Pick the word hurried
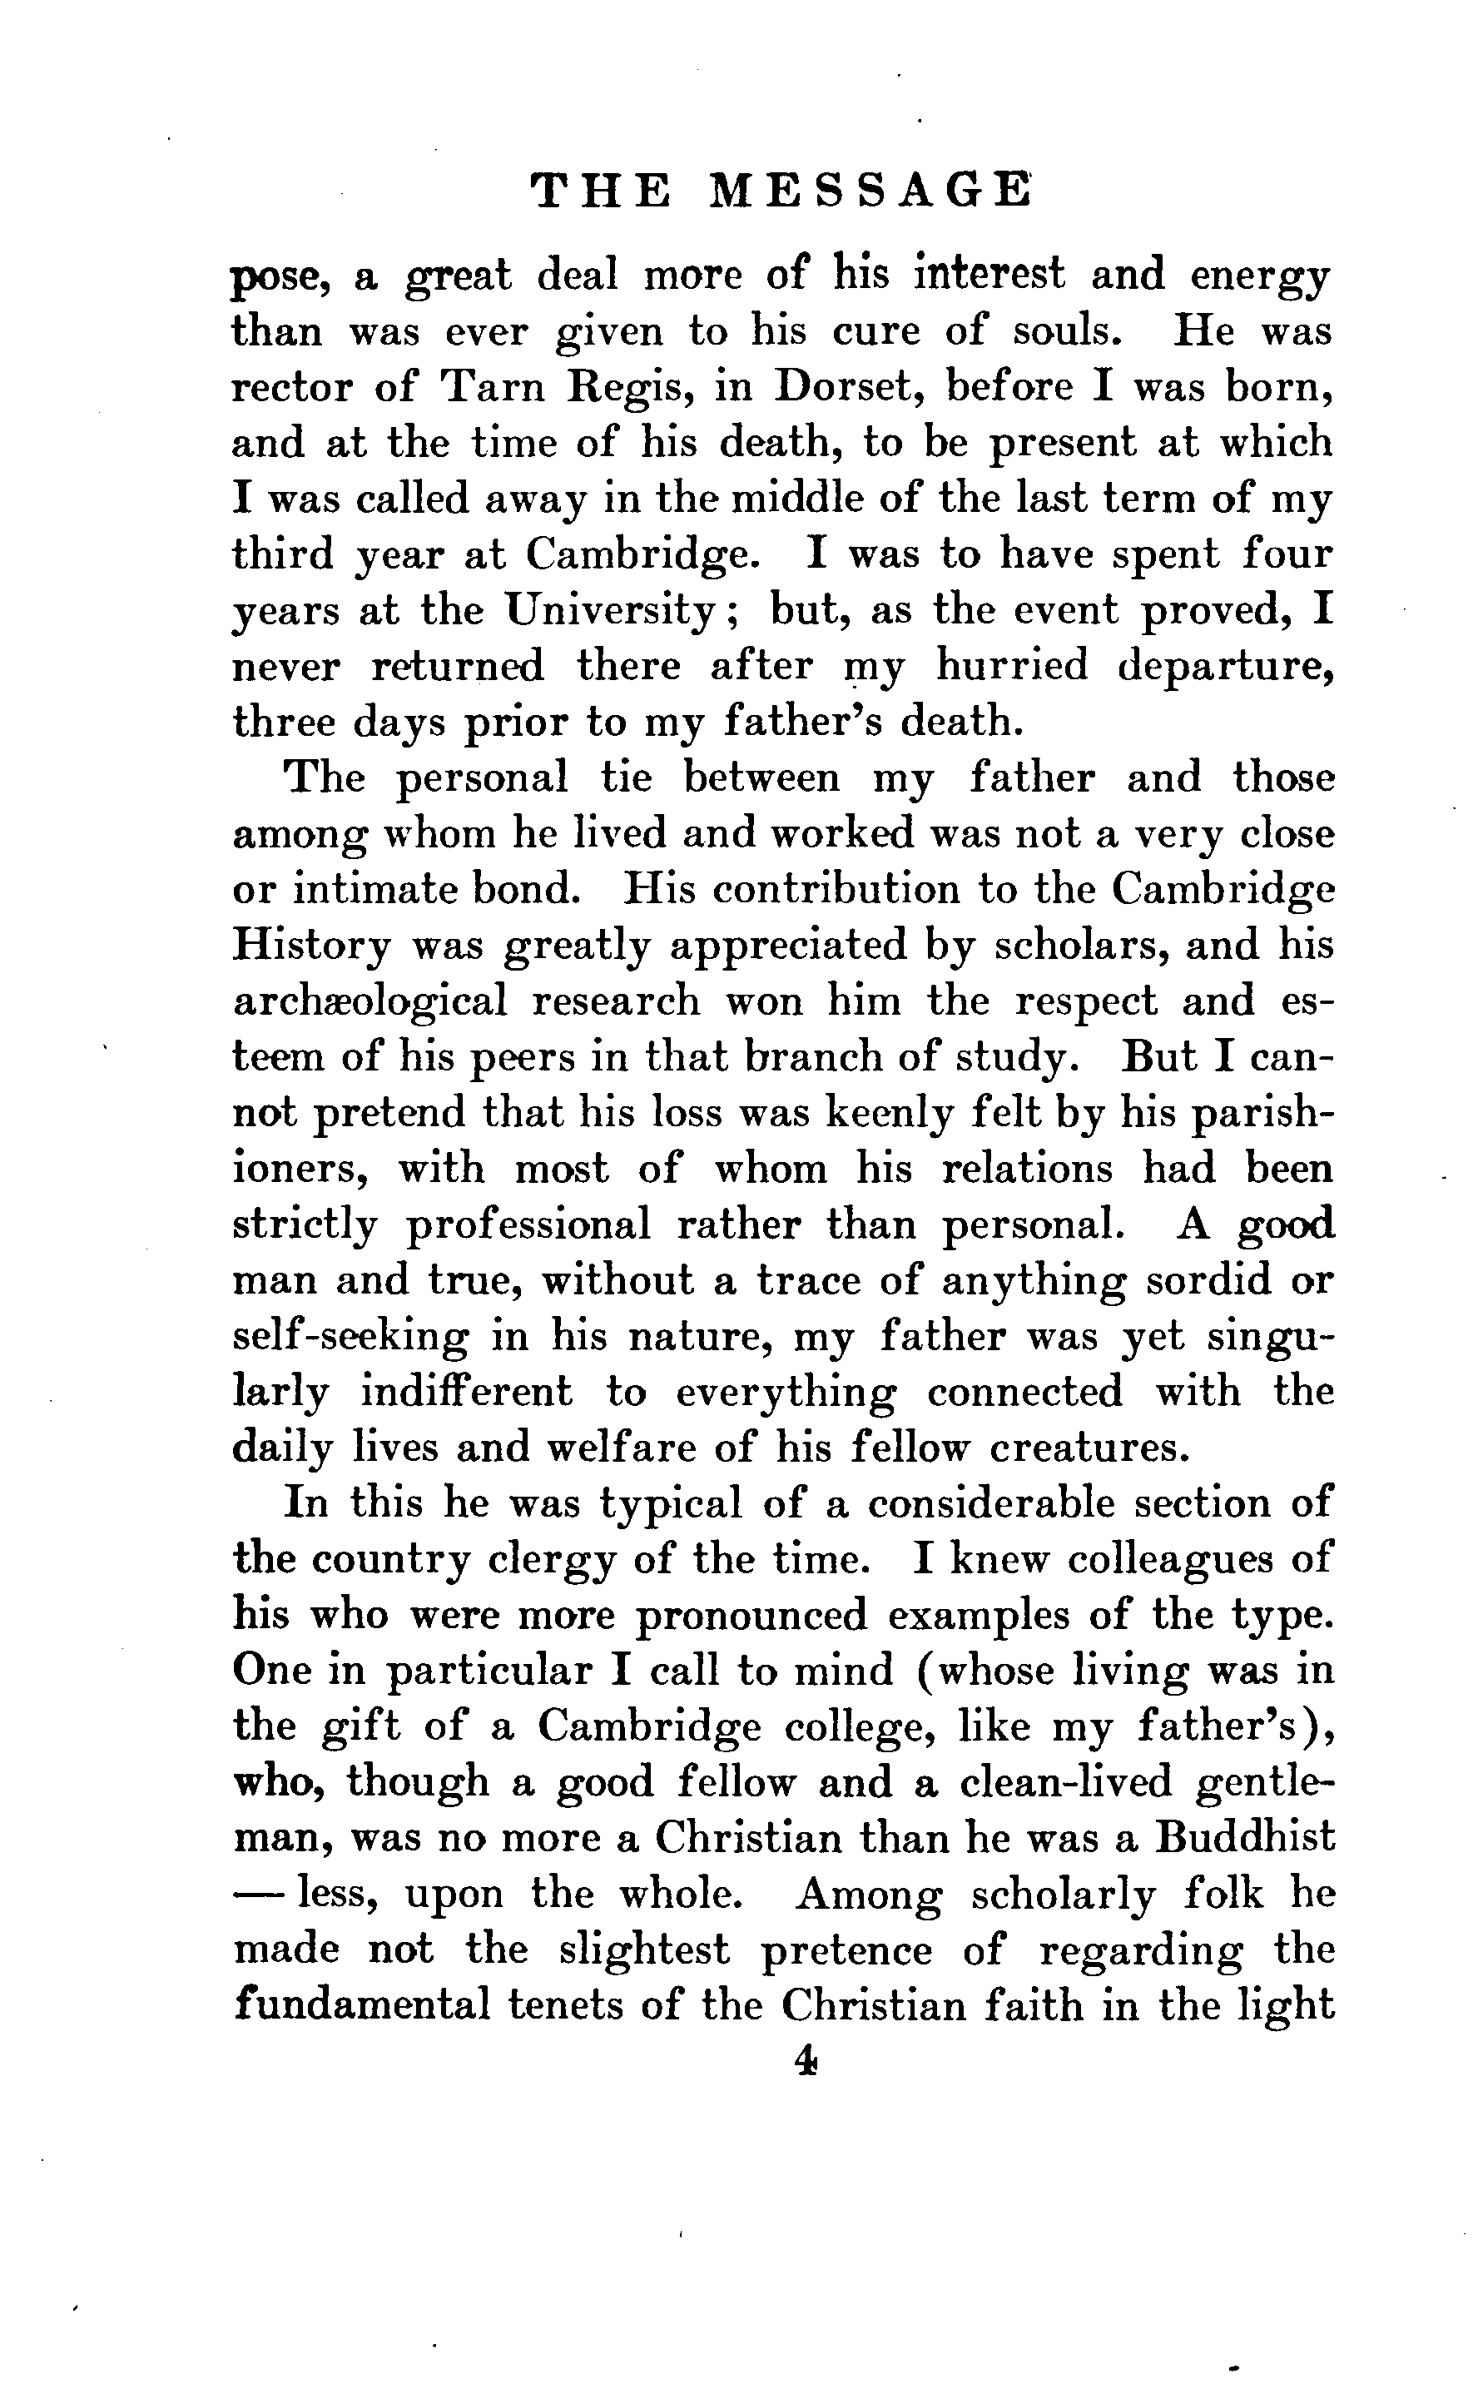1012,666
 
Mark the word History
311,946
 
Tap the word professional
528,1225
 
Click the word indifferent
466,1391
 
